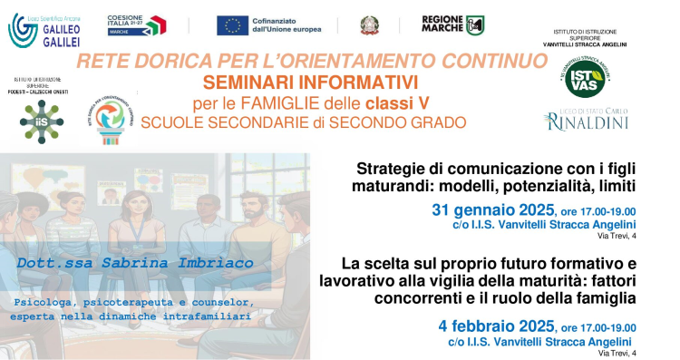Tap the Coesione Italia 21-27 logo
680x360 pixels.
136,24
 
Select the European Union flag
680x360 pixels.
232,25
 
